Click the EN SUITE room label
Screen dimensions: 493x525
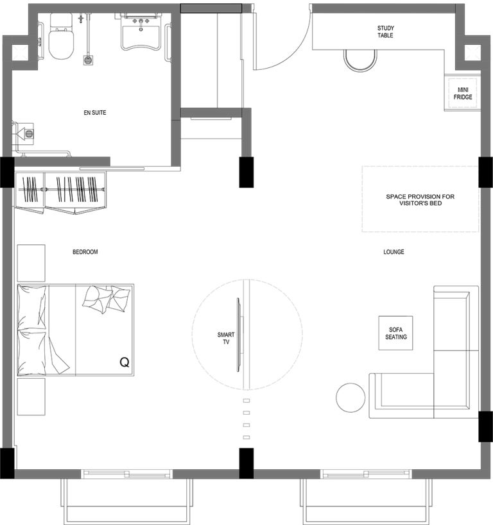(x=95, y=113)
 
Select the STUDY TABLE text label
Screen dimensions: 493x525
(x=385, y=31)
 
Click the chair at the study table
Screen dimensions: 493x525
(x=360, y=61)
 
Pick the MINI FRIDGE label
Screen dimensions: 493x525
(x=463, y=94)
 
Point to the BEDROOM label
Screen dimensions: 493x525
(x=85, y=252)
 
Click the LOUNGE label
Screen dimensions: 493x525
(x=394, y=252)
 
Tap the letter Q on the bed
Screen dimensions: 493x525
(x=125, y=362)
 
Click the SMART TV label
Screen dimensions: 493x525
(x=226, y=338)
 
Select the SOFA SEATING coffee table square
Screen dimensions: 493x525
(x=395, y=333)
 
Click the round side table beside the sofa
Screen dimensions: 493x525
(x=350, y=397)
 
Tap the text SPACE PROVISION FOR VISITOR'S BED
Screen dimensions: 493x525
(x=420, y=200)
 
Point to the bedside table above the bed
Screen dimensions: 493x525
(x=31, y=263)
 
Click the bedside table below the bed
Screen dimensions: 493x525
(x=31, y=397)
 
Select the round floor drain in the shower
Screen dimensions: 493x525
(x=87, y=61)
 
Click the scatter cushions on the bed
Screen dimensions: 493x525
(x=106, y=299)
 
